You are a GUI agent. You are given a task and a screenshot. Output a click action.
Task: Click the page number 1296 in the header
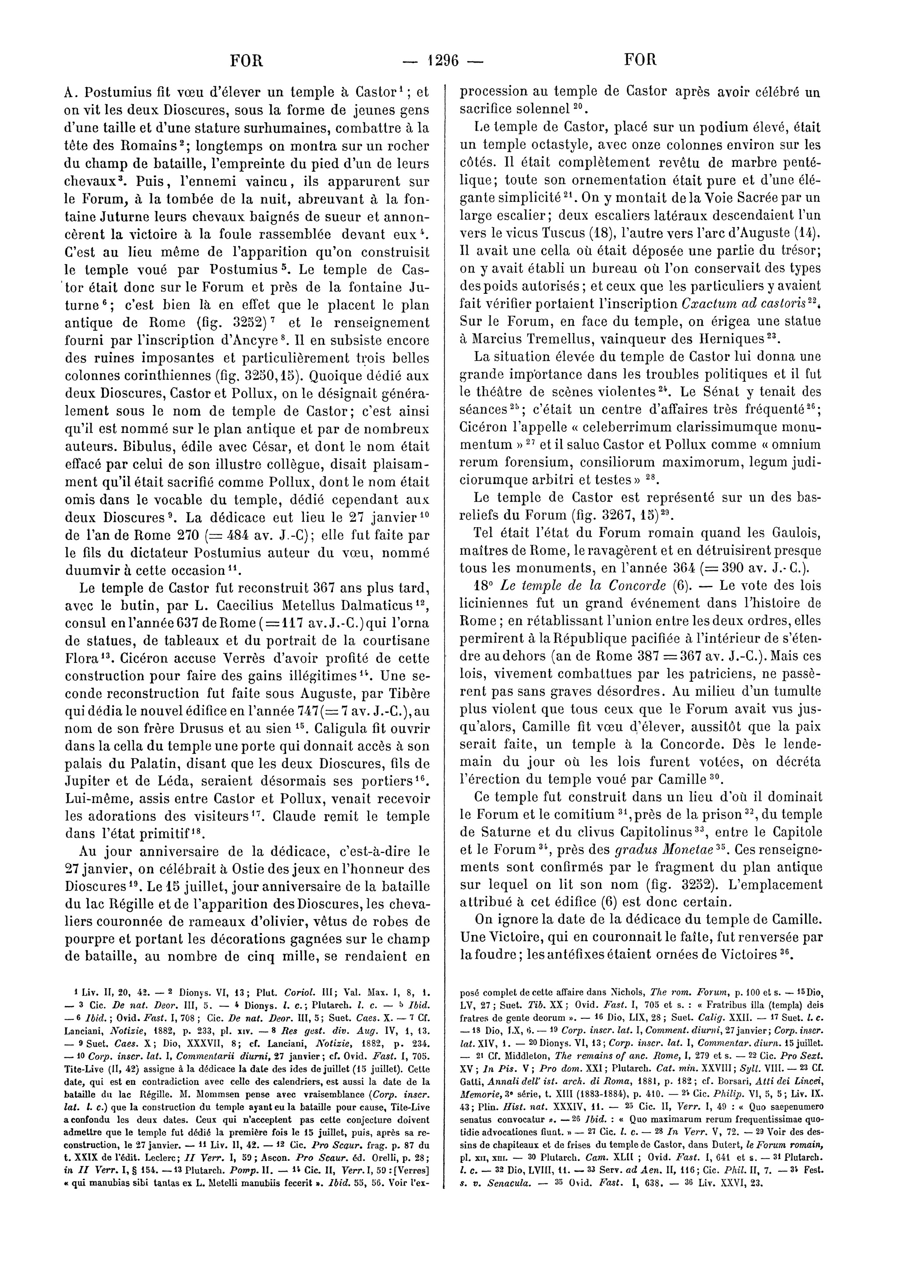point(444,60)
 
